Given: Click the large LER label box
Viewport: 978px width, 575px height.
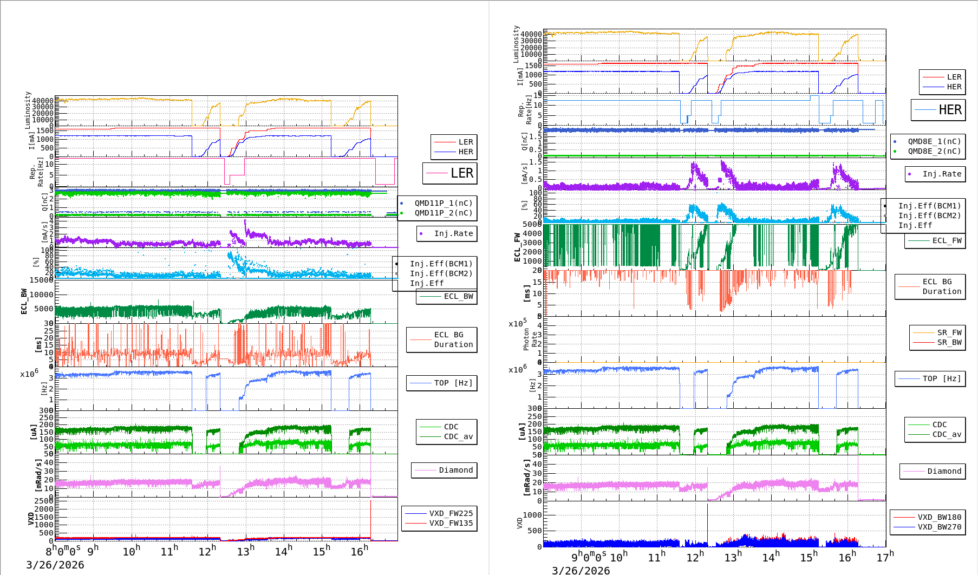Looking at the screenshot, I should [x=450, y=173].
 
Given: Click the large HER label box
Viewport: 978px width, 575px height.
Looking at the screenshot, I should [x=938, y=110].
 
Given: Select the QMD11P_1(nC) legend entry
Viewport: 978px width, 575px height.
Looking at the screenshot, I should [x=443, y=203].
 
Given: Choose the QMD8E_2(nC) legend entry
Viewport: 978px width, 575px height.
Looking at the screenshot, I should [x=934, y=151].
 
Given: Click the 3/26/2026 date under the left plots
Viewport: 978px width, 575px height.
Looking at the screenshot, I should [x=55, y=565].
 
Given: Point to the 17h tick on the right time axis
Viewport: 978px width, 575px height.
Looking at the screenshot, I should [x=885, y=557].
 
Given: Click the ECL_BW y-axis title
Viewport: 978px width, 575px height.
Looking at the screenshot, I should [x=24, y=301].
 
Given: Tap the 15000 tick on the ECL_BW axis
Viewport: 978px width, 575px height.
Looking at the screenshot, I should [x=41, y=280].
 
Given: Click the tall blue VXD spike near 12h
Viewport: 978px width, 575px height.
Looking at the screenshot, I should [x=707, y=520].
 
